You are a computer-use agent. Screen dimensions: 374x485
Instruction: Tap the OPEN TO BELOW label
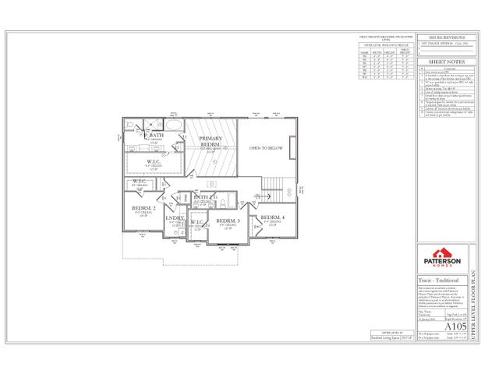pos(264,147)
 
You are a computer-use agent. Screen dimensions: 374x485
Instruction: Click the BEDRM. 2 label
pos(144,208)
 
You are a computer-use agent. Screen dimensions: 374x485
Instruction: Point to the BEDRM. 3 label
pos(228,221)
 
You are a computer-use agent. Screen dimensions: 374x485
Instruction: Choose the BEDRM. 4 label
pos(272,217)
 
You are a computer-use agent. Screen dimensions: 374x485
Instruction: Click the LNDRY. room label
pos(174,219)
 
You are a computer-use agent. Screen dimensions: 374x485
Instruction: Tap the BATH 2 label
pos(204,198)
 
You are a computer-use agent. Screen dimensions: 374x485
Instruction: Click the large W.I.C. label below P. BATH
pos(154,162)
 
